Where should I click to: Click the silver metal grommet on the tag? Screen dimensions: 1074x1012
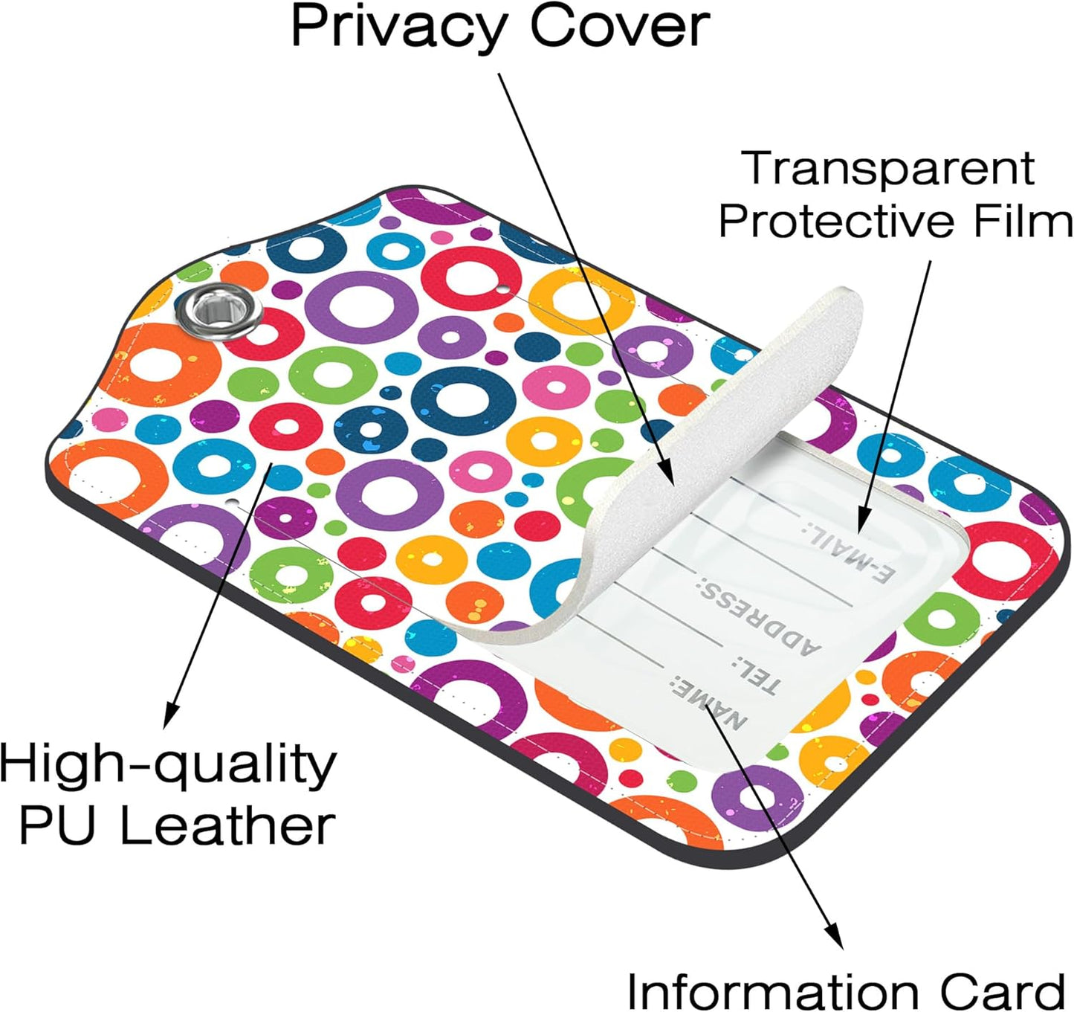click(219, 311)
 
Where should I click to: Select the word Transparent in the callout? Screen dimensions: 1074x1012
click(890, 168)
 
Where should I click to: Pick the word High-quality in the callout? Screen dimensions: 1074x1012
click(168, 767)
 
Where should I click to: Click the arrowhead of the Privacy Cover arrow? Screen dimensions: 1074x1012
click(666, 472)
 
